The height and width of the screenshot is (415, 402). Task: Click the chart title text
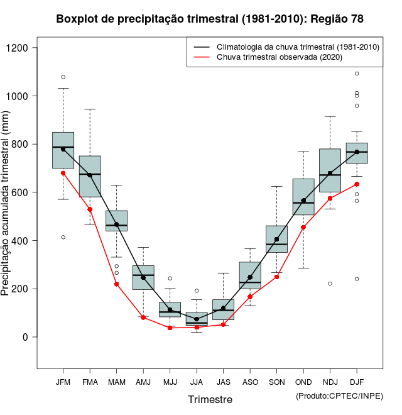coord(209,19)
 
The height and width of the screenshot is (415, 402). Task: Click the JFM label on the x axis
coord(63,382)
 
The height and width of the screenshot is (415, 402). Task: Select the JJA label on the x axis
coord(197,382)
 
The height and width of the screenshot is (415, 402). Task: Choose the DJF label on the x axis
coord(357,382)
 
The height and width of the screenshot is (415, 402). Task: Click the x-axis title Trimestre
coord(210,399)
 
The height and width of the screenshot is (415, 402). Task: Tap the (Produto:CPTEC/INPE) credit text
coord(339,396)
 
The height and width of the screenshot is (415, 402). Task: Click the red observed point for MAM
coord(117,284)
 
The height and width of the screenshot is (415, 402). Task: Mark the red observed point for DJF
coord(357,184)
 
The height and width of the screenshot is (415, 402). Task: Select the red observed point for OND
coord(303,227)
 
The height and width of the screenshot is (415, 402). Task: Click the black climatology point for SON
coord(276,240)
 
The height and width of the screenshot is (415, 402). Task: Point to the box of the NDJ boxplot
coord(330,170)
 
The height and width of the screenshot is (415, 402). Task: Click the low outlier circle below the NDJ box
coord(330,284)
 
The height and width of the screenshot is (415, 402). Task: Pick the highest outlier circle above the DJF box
coord(357,74)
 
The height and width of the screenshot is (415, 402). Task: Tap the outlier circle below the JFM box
coord(63,237)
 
